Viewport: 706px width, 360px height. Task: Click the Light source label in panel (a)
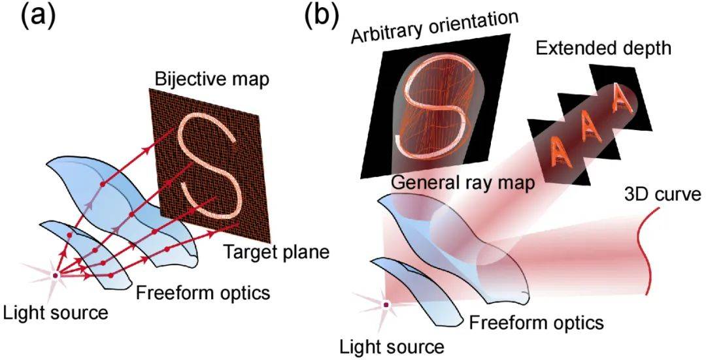pos(54,313)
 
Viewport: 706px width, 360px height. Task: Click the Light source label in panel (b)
pos(391,344)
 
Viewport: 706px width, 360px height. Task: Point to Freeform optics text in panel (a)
pos(203,293)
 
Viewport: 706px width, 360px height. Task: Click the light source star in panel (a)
pos(56,276)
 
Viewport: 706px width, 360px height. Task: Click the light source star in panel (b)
pos(387,304)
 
